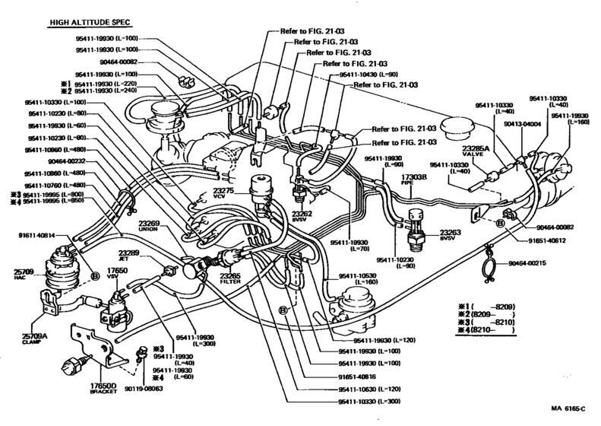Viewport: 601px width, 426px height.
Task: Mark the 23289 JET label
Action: (x=128, y=256)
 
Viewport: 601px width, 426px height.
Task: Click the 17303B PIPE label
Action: (x=412, y=180)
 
